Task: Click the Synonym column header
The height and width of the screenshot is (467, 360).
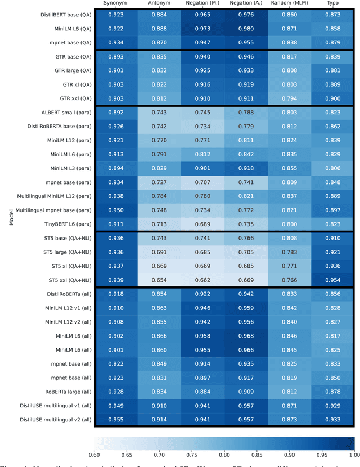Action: pos(115,3)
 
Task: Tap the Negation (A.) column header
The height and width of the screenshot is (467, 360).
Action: pos(246,3)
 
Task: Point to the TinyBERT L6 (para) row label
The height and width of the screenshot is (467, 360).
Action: pos(64,224)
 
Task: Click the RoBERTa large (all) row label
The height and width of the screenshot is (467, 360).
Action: pos(63,392)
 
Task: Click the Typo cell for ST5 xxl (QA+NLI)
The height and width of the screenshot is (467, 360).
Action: pos(332,280)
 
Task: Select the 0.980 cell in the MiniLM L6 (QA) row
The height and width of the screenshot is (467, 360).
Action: pos(246,28)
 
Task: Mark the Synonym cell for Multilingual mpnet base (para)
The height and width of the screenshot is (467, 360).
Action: pos(115,210)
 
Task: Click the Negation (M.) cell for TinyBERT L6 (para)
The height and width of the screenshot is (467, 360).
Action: pos(202,224)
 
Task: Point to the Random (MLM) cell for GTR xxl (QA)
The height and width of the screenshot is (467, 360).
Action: pos(289,98)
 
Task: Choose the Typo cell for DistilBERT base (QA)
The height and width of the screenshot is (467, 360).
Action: pos(332,14)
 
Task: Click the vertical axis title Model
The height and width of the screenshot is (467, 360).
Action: pos(12,217)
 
